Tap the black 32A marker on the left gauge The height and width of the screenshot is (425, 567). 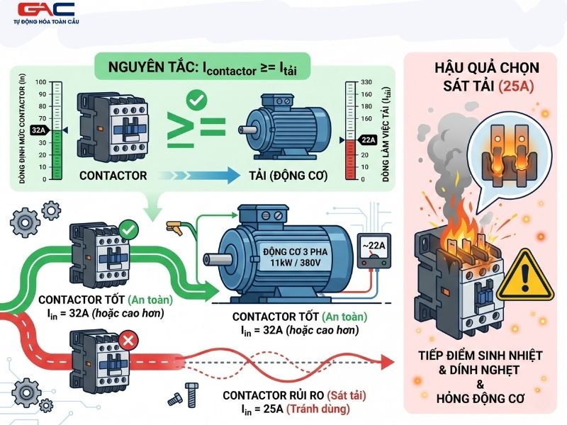pyautogui.click(x=38, y=130)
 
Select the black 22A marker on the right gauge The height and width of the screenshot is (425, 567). pyautogui.click(x=368, y=140)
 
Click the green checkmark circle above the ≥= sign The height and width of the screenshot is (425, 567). pyautogui.click(x=197, y=100)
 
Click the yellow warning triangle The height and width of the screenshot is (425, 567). pyautogui.click(x=525, y=276)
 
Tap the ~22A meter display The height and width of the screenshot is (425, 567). pyautogui.click(x=374, y=246)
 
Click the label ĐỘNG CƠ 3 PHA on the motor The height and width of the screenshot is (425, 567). pyautogui.click(x=295, y=251)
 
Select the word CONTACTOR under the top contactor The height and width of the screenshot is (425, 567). pyautogui.click(x=113, y=176)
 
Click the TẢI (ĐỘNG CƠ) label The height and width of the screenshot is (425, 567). pyautogui.click(x=288, y=176)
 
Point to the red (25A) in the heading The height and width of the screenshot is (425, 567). pyautogui.click(x=516, y=86)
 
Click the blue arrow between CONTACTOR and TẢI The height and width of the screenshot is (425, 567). pyautogui.click(x=200, y=176)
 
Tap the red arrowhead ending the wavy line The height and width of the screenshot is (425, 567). pyautogui.click(x=388, y=362)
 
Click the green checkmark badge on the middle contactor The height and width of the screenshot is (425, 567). pyautogui.click(x=129, y=229)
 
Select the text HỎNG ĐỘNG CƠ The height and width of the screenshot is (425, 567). pyautogui.click(x=481, y=399)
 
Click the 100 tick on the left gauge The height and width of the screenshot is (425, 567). pyautogui.click(x=41, y=82)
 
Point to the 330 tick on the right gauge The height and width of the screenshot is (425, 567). pyautogui.click(x=366, y=82)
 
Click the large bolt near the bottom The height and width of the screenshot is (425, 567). pyautogui.click(x=191, y=395)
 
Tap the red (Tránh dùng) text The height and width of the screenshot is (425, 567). pyautogui.click(x=318, y=409)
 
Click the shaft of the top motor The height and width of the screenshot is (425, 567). pyautogui.click(x=247, y=130)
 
